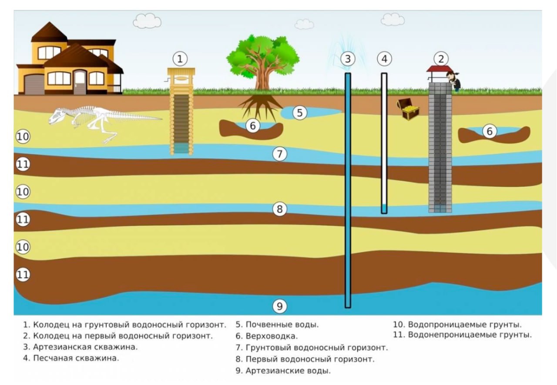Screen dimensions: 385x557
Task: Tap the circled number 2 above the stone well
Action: (x=441, y=58)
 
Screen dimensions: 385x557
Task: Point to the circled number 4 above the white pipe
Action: (x=384, y=58)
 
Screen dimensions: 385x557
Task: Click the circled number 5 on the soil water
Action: (x=299, y=113)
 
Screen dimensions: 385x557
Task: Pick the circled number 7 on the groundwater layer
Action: (x=280, y=153)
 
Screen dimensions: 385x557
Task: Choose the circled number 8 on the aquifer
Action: (x=280, y=209)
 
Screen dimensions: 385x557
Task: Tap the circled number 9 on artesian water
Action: (x=280, y=307)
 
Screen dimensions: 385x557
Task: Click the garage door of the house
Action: (x=34, y=84)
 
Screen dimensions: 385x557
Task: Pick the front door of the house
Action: (x=80, y=82)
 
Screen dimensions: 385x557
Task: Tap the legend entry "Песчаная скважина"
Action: (x=76, y=358)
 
